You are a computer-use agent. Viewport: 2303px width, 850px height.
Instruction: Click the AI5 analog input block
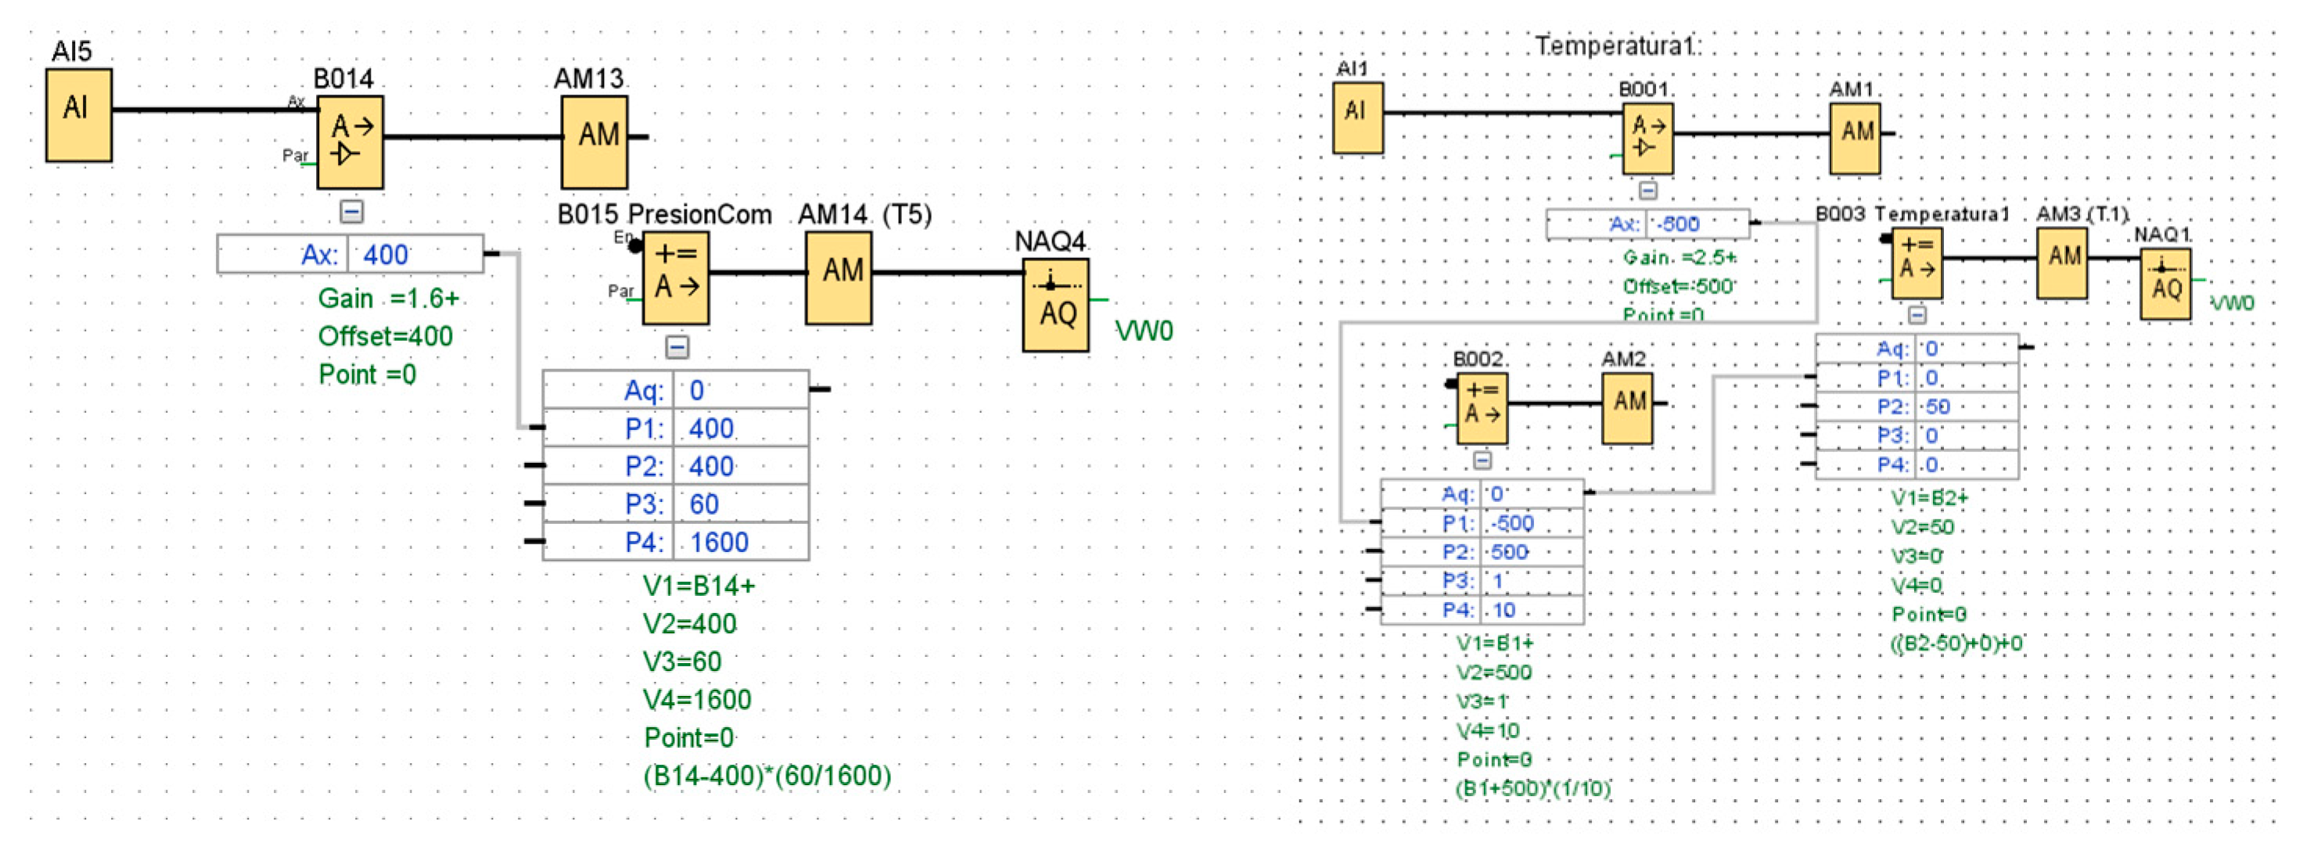point(79,114)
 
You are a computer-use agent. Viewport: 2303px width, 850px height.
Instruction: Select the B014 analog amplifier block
point(350,142)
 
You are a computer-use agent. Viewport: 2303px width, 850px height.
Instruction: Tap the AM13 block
point(595,142)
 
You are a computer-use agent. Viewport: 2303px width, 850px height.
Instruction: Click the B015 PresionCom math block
point(676,277)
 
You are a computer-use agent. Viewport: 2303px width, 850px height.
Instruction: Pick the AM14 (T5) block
point(838,277)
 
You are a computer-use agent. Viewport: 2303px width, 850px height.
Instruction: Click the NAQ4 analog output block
point(1056,304)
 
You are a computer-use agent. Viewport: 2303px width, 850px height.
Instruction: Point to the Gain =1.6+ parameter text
point(388,299)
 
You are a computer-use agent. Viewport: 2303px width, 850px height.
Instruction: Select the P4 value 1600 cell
point(719,542)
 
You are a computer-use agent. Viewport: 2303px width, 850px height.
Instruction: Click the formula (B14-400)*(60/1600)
point(767,775)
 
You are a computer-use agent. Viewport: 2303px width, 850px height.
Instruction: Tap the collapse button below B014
point(352,212)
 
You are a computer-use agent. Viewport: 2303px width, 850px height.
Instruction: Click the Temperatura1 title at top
point(1616,45)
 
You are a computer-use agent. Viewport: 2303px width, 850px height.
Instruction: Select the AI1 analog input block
point(1358,117)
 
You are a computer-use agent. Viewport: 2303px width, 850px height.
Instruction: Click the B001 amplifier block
point(1647,138)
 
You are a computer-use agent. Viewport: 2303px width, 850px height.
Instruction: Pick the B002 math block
point(1482,408)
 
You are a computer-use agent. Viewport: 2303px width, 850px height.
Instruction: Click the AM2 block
point(1626,407)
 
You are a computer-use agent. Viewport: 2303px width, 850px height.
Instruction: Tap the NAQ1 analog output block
point(2165,283)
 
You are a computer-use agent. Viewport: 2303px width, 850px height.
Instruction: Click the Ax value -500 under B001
point(1677,224)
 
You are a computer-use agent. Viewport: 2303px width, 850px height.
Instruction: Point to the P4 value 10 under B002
point(1504,611)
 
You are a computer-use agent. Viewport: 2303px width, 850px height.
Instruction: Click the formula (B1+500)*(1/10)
point(1532,788)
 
